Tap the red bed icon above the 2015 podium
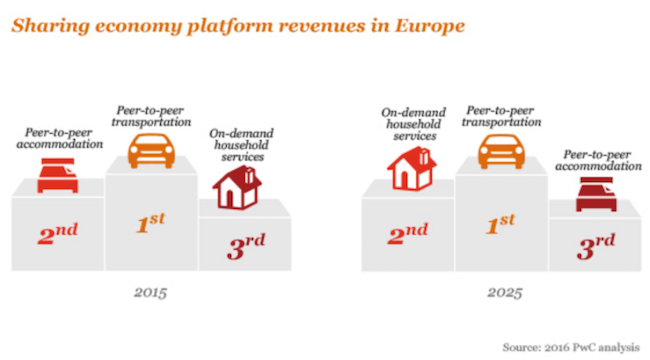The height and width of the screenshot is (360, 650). tap(58, 176)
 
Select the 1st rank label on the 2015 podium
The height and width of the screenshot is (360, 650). tap(151, 223)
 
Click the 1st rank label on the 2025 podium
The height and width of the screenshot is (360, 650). tap(501, 223)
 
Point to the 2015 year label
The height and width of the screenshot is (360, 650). tap(150, 294)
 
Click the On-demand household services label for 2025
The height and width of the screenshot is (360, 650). tap(408, 122)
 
